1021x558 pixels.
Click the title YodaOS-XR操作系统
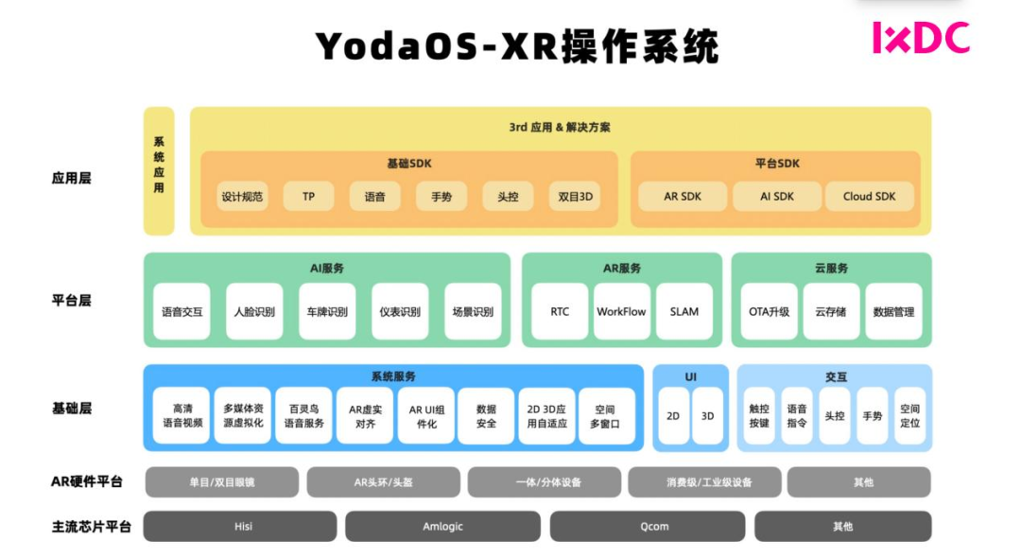point(516,45)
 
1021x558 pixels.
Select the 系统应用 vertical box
point(159,170)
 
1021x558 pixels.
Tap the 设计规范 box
point(242,197)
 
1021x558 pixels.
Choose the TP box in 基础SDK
point(308,197)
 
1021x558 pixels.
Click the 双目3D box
point(575,197)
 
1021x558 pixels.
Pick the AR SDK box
point(682,197)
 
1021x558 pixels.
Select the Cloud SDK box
point(869,197)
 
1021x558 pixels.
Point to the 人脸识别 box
point(254,311)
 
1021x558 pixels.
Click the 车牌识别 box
point(327,311)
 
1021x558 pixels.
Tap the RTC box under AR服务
point(560,311)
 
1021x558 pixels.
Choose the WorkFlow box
point(621,311)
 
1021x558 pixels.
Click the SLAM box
point(684,311)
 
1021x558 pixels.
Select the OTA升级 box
point(769,311)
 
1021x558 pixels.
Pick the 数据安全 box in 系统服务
point(486,416)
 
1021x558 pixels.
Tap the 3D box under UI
point(707,416)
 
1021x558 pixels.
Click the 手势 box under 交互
point(872,416)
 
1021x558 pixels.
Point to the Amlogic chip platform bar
point(442,526)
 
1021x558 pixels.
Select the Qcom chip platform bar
point(648,526)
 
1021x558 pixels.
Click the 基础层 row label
point(72,409)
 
